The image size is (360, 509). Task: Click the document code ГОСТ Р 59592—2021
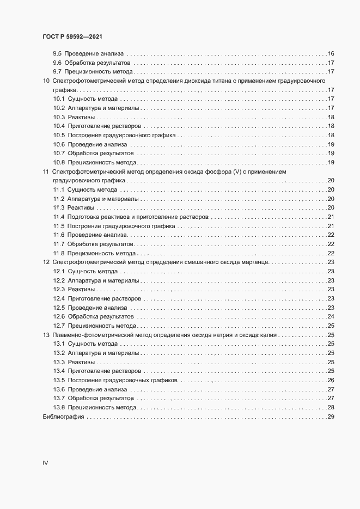72,36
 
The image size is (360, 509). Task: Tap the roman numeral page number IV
45,463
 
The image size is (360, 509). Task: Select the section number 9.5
57,53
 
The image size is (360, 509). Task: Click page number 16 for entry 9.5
330,53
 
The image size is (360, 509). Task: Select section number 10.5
59,135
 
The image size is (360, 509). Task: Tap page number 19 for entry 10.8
330,162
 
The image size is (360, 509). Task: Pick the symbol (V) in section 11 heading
237,171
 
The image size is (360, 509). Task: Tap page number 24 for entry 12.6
330,317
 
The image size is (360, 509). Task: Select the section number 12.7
59,326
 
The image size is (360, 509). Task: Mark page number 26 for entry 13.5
330,381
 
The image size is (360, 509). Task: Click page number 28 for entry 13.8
330,408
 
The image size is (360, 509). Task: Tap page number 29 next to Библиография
330,417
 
